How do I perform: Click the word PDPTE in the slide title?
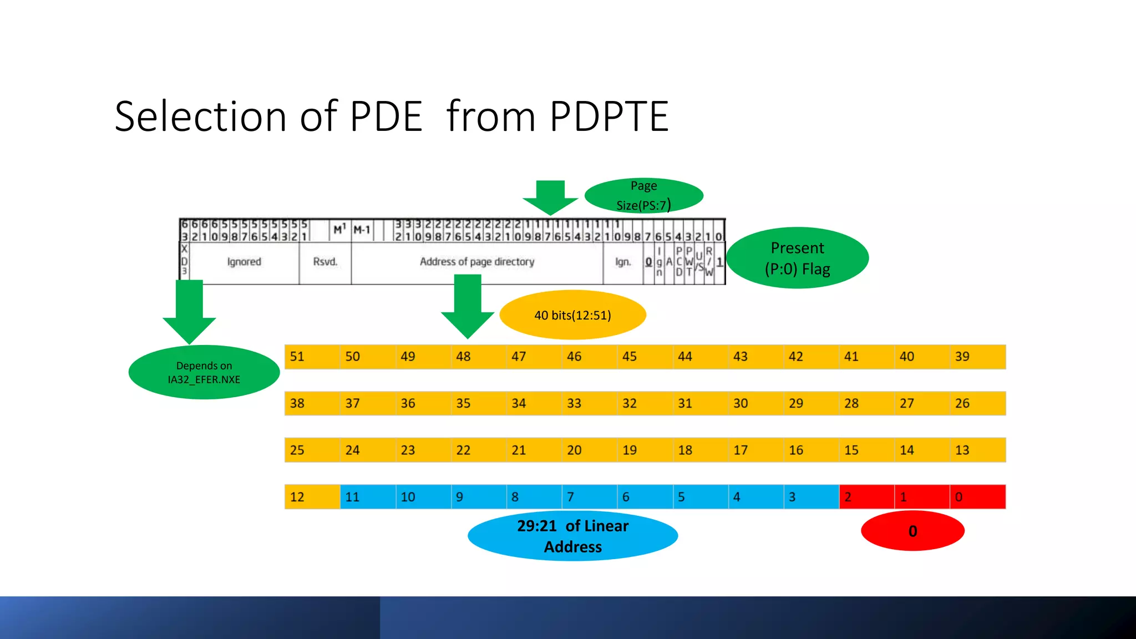click(609, 116)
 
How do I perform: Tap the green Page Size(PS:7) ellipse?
click(644, 196)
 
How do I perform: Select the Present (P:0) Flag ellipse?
click(797, 258)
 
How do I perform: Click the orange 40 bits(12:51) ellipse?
click(572, 315)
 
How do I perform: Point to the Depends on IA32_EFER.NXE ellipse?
click(204, 372)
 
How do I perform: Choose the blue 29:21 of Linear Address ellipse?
click(572, 536)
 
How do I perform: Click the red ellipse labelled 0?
click(912, 531)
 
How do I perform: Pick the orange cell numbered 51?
click(312, 357)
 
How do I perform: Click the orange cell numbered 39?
click(977, 357)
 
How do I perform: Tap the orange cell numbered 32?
click(645, 403)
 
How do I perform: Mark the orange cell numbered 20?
click(589, 450)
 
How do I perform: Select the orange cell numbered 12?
click(312, 496)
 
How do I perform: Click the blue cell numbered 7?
click(589, 496)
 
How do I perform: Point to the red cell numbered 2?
click(866, 496)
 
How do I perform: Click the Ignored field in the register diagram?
click(244, 262)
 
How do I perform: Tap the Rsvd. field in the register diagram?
click(325, 262)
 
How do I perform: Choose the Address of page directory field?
click(477, 262)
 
